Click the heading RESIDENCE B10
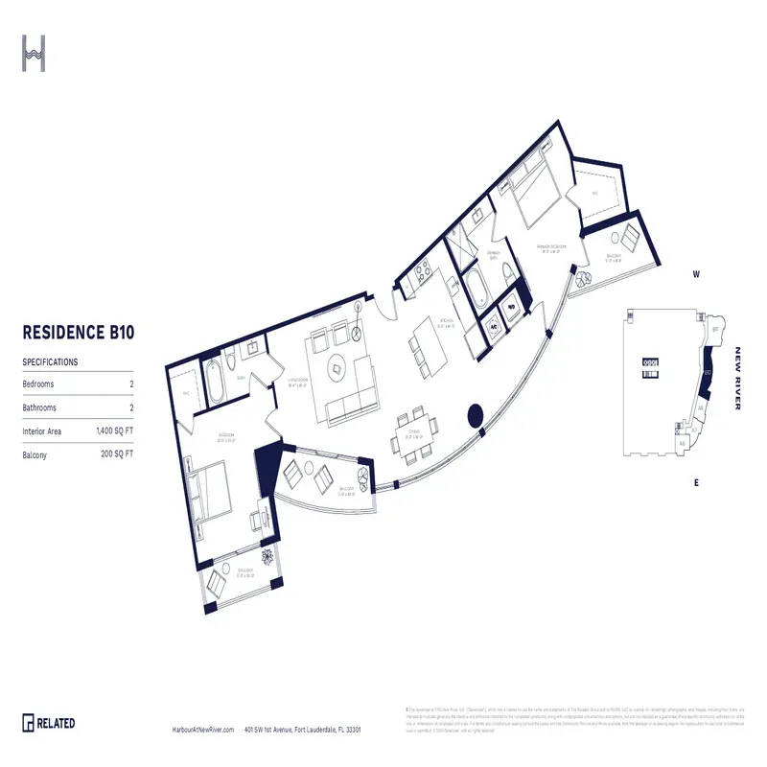coord(78,334)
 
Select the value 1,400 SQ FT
coord(114,432)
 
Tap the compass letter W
coord(698,275)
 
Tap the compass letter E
coord(697,482)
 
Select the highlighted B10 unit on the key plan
coord(707,377)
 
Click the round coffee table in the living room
coord(337,363)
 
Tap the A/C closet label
coord(493,324)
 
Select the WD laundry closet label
coord(512,309)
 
